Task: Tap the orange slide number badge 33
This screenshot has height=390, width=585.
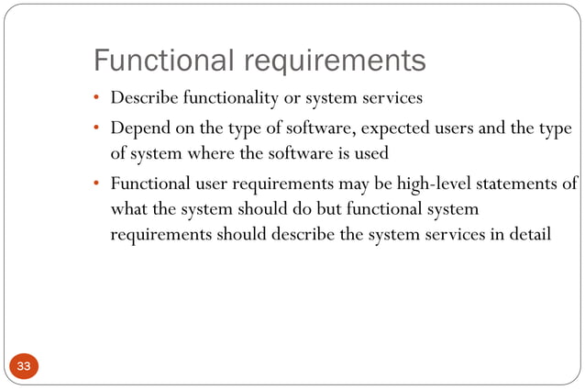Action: click(23, 367)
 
